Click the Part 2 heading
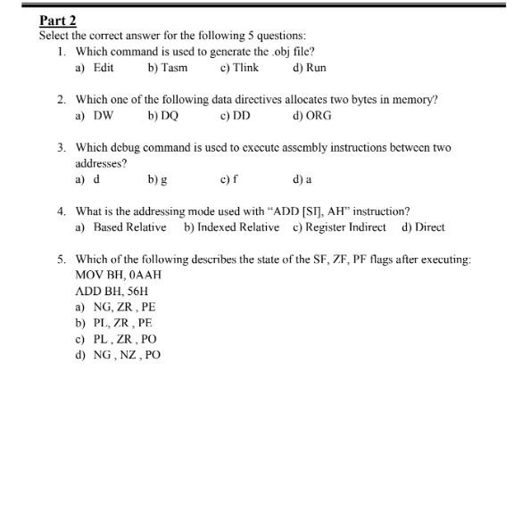58,20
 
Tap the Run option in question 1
315,67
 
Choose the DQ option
169,115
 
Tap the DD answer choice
241,115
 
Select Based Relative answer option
129,227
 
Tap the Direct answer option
429,227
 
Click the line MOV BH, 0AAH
119,276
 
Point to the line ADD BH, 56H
112,292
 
